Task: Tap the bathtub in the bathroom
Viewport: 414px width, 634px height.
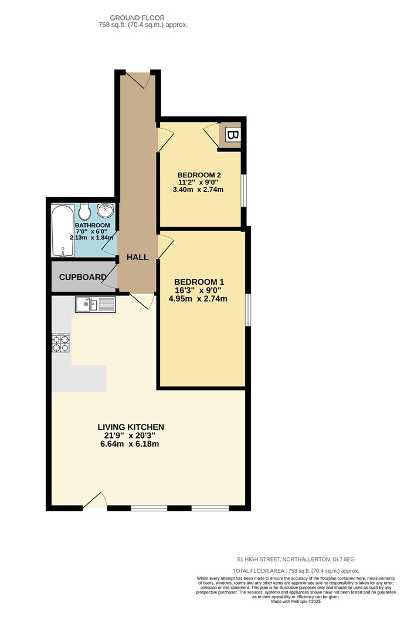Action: (62, 230)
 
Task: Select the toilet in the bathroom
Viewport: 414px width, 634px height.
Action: (84, 211)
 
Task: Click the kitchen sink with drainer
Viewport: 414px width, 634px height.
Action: (96, 305)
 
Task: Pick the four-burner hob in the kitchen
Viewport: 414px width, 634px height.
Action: (61, 342)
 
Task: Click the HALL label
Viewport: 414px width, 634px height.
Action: (137, 257)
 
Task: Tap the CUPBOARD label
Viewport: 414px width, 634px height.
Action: (83, 277)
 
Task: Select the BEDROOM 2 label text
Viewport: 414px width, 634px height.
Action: (199, 175)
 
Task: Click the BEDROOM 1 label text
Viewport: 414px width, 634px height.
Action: (199, 282)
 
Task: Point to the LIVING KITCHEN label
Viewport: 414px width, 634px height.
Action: (130, 427)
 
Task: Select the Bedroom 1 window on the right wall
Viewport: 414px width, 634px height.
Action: (248, 309)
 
